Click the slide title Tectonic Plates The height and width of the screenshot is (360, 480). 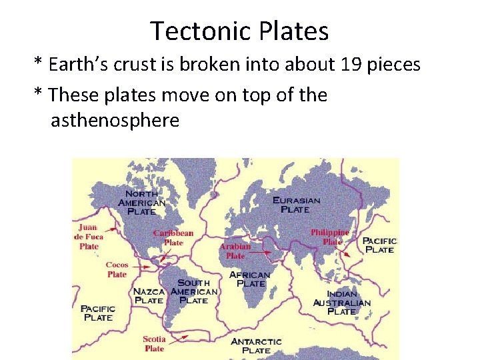[239, 31]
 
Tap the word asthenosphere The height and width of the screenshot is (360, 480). [115, 121]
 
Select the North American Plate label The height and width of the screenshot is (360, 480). [141, 203]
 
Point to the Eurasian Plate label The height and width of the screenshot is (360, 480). [296, 204]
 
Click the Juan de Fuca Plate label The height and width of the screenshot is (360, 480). [89, 237]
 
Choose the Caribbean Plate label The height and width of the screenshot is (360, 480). [173, 237]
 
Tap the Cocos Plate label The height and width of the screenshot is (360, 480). [117, 269]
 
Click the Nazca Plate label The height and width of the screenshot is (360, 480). [149, 295]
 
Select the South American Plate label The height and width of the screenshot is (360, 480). [194, 291]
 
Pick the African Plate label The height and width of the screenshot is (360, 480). [250, 279]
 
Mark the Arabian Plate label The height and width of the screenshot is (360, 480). [235, 251]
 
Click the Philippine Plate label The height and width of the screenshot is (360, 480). [330, 237]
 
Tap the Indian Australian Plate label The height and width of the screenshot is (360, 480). [342, 303]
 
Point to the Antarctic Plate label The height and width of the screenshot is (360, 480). [256, 345]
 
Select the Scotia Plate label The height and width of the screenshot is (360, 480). [154, 343]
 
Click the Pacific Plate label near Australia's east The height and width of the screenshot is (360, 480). [379, 245]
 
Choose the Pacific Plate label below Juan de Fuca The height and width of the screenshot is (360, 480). [97, 313]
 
